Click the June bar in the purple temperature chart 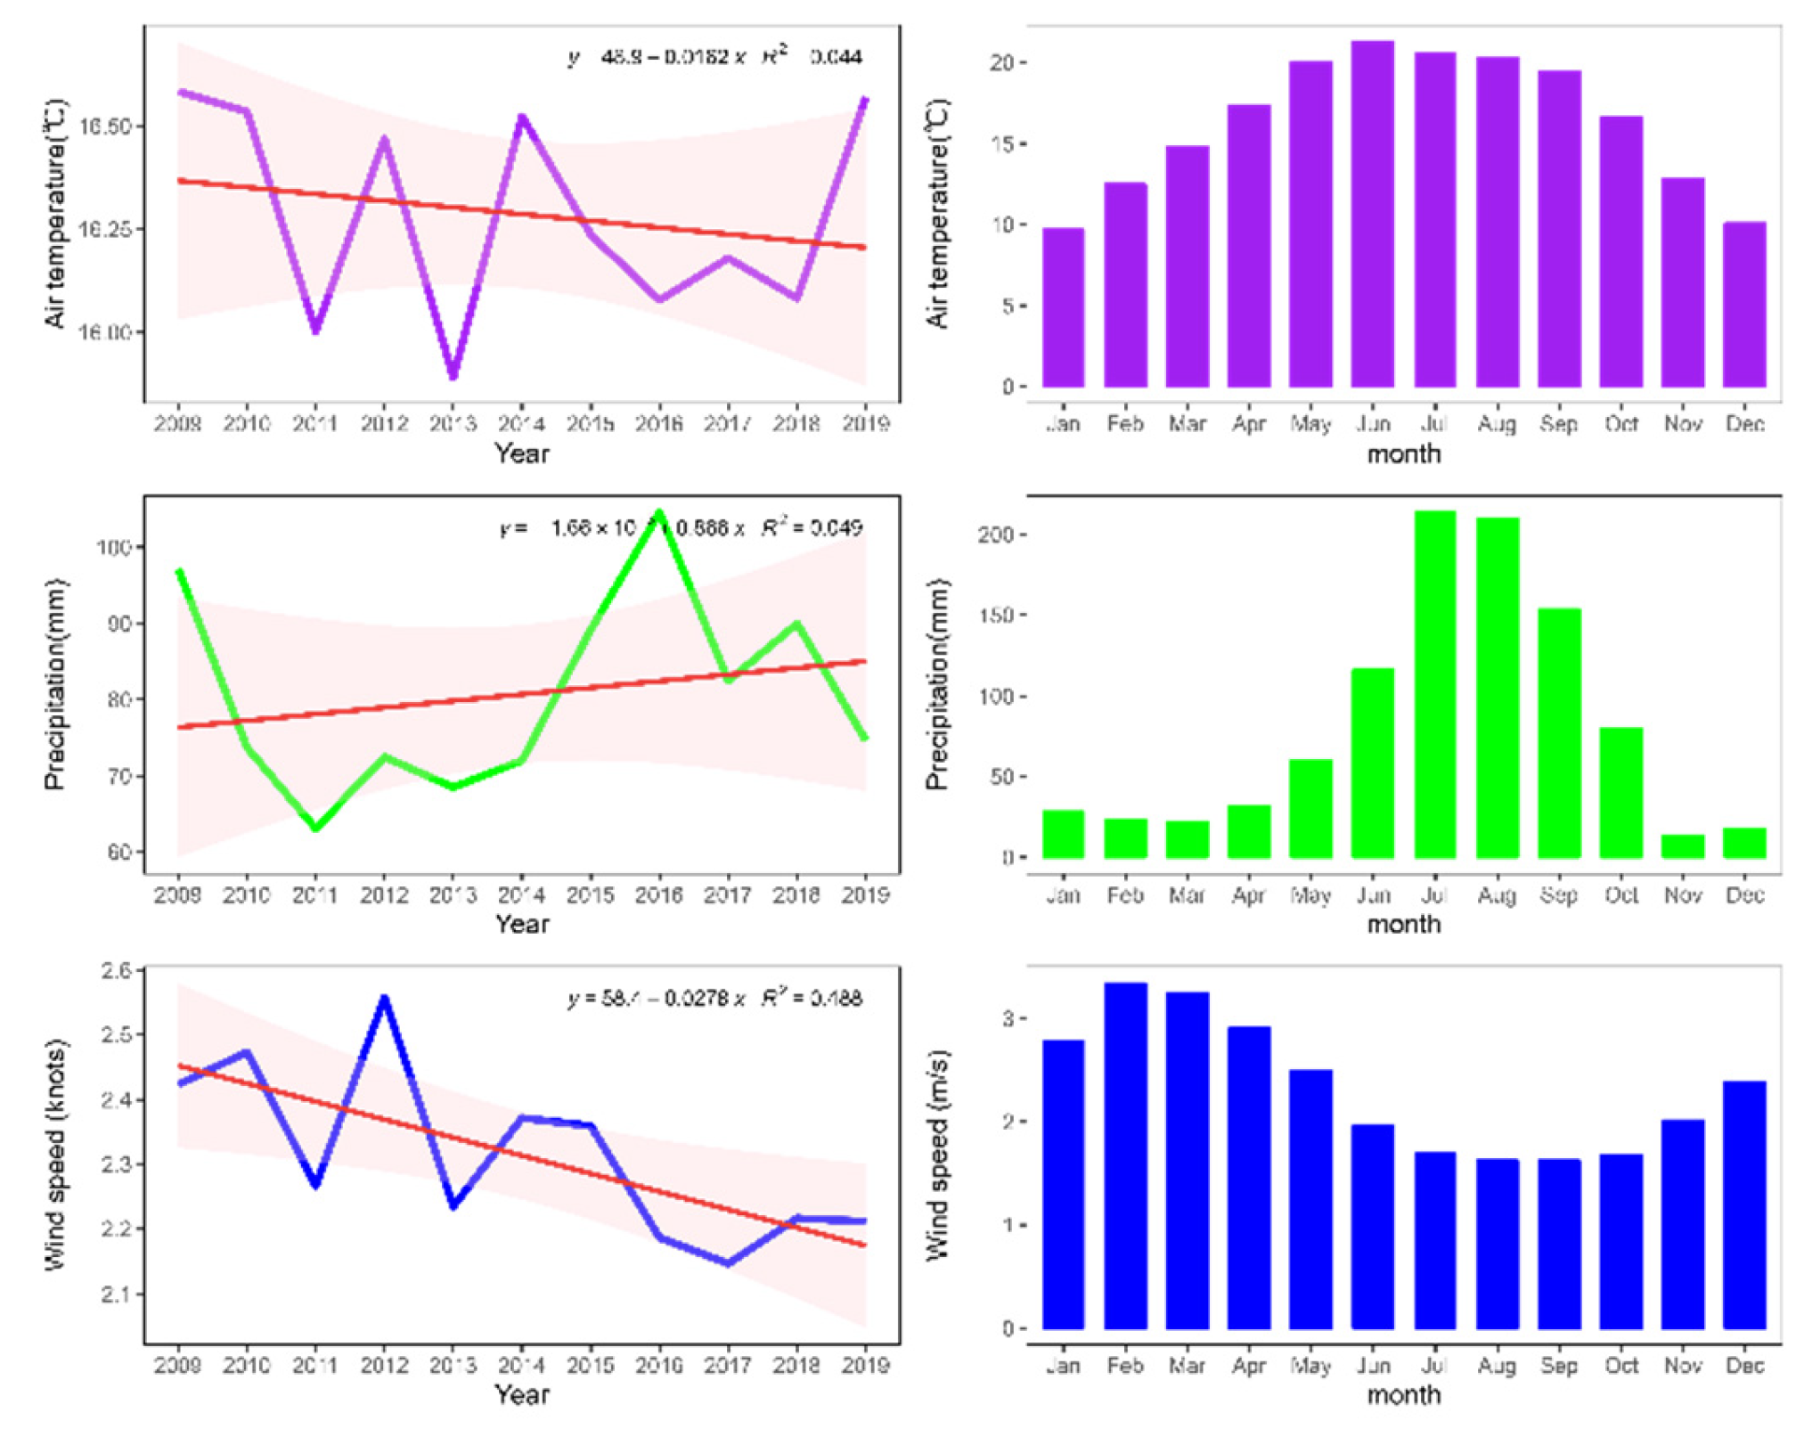coord(1372,214)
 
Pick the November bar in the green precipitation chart coord(1682,846)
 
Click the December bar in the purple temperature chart coord(1743,304)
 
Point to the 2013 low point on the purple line coord(453,375)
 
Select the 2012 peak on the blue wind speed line coord(384,999)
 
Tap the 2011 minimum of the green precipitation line coord(315,828)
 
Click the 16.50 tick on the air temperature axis coord(105,127)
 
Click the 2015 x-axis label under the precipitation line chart coord(590,894)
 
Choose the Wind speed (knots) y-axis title coord(55,1155)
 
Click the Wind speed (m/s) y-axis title coord(937,1155)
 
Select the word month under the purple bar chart coord(1403,454)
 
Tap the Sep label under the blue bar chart coord(1558,1366)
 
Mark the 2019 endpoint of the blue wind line coord(863,1221)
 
